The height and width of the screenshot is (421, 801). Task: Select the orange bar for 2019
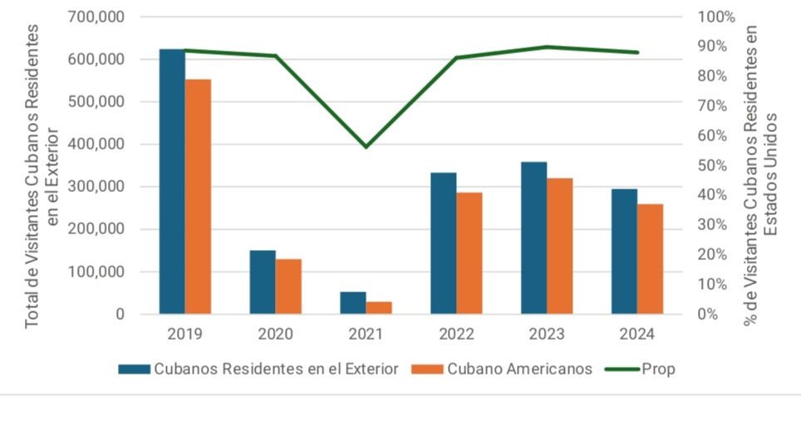click(x=198, y=197)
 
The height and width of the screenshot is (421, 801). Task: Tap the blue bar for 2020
click(x=263, y=282)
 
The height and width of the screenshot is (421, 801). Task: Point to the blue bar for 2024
click(x=624, y=252)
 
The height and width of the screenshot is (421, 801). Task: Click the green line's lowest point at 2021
click(x=366, y=147)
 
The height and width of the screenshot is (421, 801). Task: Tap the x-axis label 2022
click(x=456, y=335)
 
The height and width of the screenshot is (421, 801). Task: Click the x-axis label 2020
click(x=275, y=335)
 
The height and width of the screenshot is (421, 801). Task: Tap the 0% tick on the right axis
click(x=707, y=314)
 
